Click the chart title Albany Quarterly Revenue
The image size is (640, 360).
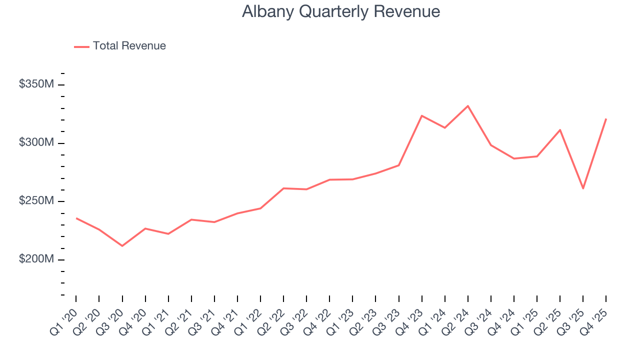click(341, 11)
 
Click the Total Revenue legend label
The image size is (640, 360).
click(129, 46)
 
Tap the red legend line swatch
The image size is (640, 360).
click(81, 46)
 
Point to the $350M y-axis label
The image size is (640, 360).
click(36, 84)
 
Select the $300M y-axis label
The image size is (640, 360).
click(36, 142)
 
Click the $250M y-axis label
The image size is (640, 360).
click(36, 200)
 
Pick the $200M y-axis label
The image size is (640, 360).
click(36, 259)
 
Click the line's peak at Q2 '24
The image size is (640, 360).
click(468, 106)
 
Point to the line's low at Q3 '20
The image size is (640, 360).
click(122, 245)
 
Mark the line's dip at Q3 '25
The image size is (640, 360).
click(583, 188)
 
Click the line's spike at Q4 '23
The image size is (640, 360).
click(422, 115)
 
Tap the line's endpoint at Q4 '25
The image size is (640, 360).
click(606, 119)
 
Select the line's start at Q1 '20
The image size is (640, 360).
click(76, 218)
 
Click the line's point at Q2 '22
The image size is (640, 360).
click(283, 188)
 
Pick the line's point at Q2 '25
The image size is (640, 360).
click(560, 129)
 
